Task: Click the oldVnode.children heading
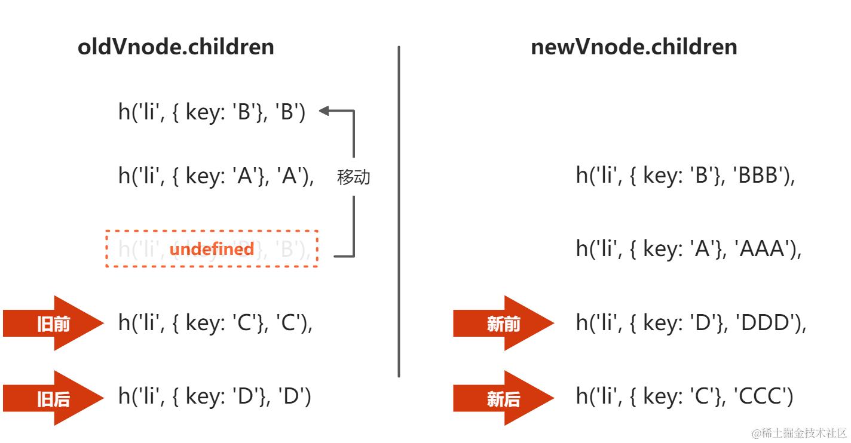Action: tap(176, 47)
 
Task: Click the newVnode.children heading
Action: tap(633, 47)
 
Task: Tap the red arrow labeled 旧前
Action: tap(53, 323)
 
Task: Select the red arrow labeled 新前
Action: tap(503, 323)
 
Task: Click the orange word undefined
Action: tap(212, 248)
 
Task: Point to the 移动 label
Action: tap(354, 177)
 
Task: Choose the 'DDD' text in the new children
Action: tap(767, 323)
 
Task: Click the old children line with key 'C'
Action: tap(216, 323)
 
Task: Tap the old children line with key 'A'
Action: tap(216, 176)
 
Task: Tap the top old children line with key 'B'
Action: tap(212, 112)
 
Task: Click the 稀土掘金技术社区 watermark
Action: tap(799, 433)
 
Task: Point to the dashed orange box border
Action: tap(212, 230)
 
